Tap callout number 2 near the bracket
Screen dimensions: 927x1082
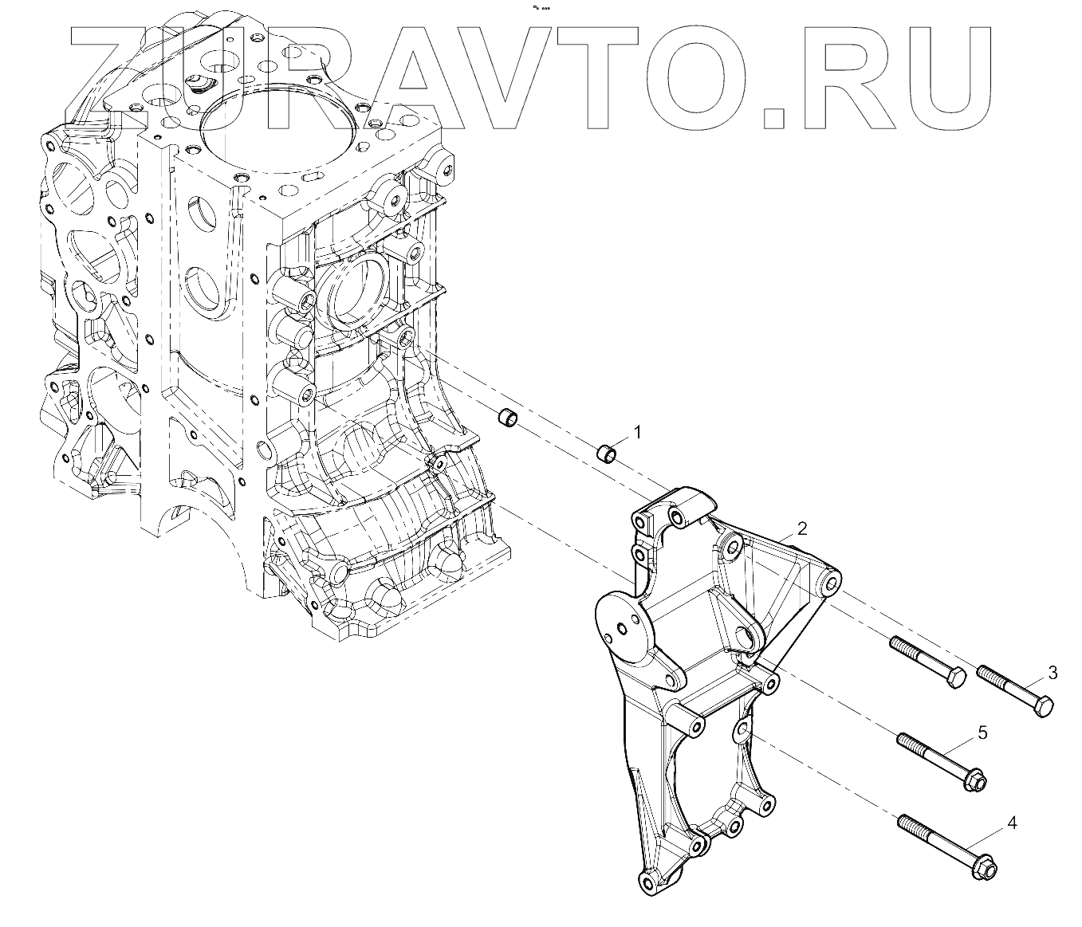pos(802,528)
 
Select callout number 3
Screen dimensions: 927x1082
pos(1052,673)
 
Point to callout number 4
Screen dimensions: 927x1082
pos(1012,823)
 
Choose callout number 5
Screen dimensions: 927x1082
pos(982,732)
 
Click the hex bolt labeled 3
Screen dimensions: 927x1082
pos(1014,689)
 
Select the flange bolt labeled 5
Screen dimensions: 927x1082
pos(941,757)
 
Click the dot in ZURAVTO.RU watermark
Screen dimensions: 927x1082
pos(774,120)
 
